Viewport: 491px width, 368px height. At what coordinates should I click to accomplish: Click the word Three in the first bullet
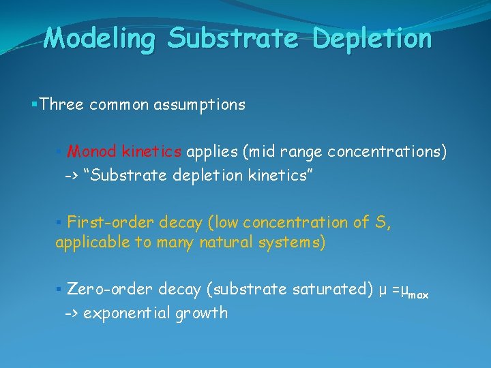(62, 105)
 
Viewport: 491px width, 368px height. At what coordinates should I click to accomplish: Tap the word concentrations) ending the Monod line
(387, 151)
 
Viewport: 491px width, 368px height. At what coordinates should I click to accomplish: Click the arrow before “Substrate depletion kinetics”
(72, 177)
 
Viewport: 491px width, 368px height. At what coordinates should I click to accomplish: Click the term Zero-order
(110, 290)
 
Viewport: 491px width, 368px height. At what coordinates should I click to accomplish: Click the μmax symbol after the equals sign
(414, 292)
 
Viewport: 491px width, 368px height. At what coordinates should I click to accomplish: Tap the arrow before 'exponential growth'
(72, 313)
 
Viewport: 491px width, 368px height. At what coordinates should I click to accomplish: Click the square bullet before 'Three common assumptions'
(34, 105)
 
